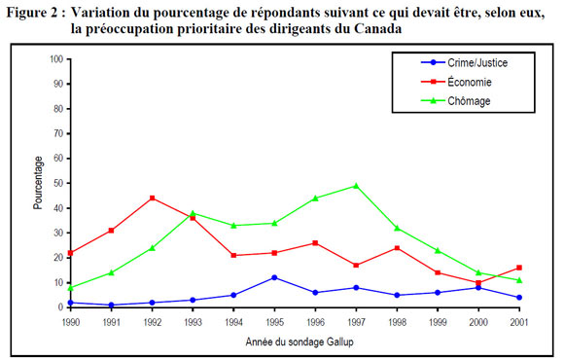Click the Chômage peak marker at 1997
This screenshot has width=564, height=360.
tap(357, 186)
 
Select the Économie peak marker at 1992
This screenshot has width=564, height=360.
tap(152, 198)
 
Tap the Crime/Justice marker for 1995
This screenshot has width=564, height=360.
tap(274, 277)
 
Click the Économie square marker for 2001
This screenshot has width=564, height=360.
tap(521, 268)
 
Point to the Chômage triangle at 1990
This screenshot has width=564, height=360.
tap(70, 287)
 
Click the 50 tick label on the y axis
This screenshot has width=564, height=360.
tap(58, 183)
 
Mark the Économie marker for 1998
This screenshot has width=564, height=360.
tap(398, 247)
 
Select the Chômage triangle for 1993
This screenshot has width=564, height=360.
tap(193, 213)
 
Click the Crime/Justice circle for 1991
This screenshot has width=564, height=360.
tap(111, 305)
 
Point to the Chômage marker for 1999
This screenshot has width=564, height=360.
tap(439, 250)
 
